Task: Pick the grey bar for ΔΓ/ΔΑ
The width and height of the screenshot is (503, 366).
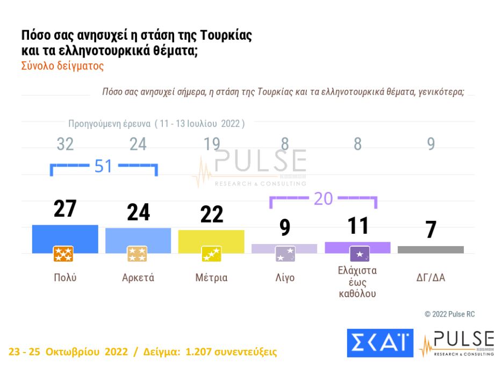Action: click(x=430, y=249)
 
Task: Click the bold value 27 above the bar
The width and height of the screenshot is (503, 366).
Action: click(x=65, y=209)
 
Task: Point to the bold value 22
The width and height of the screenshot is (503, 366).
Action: click(x=211, y=214)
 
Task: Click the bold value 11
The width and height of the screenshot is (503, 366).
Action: click(x=357, y=225)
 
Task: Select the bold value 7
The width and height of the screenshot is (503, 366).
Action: click(x=430, y=230)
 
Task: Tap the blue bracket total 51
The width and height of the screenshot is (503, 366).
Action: click(x=103, y=166)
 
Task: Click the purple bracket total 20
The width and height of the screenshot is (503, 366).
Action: click(x=323, y=199)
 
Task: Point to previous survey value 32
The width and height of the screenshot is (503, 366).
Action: click(x=65, y=144)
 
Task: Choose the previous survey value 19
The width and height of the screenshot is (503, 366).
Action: click(x=211, y=144)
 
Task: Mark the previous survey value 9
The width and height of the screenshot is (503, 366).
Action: click(x=430, y=144)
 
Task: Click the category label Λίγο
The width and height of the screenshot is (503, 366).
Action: click(x=284, y=278)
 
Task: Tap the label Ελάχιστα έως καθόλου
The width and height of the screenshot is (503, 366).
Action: click(x=357, y=282)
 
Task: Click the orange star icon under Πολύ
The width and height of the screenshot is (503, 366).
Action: click(x=63, y=254)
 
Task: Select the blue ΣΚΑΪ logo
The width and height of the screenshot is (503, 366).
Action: click(x=379, y=342)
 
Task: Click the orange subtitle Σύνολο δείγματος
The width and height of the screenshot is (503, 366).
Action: click(x=62, y=66)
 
